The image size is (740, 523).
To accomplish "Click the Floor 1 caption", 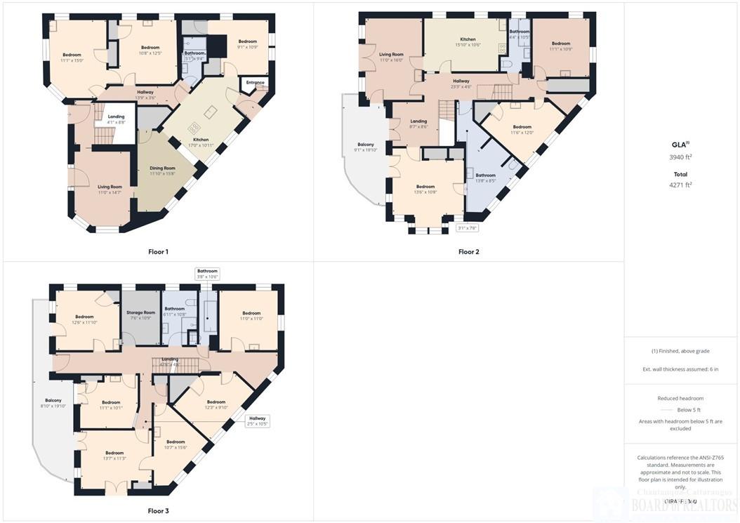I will pos(158,251).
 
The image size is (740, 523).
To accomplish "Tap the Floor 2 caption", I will pos(468,251).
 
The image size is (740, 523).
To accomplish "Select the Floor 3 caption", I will pos(158,510).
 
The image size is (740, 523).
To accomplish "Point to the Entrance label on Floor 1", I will pos(256,83).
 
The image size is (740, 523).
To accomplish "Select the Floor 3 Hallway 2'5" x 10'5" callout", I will pos(258,421).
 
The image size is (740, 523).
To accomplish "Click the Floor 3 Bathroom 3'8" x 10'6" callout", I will pos(208,274).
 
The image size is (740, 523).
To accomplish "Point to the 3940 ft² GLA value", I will pos(681,157).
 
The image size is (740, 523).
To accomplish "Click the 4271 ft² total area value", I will pos(681,185).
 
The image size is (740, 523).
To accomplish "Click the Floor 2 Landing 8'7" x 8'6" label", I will pos(418,124).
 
